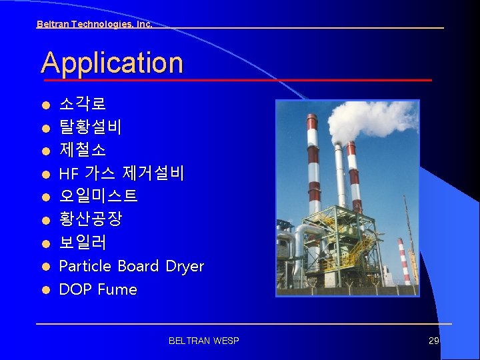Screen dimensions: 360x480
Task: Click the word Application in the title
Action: (x=112, y=63)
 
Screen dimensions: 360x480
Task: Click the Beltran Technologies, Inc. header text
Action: (x=94, y=24)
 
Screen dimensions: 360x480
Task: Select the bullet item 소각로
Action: (x=82, y=104)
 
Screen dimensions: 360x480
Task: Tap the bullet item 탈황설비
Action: (x=90, y=127)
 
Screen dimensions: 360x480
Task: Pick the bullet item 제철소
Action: (x=82, y=149)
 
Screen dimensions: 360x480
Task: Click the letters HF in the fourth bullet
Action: (x=69, y=174)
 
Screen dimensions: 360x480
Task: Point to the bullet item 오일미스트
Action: (x=98, y=196)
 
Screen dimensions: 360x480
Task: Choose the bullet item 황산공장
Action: (x=90, y=219)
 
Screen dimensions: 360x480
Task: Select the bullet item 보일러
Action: (x=82, y=242)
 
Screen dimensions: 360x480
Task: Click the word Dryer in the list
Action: (x=184, y=267)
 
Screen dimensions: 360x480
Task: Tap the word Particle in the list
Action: (x=85, y=266)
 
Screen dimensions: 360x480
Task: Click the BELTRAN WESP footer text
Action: (x=203, y=341)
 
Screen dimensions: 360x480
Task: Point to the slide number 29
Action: (x=433, y=341)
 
